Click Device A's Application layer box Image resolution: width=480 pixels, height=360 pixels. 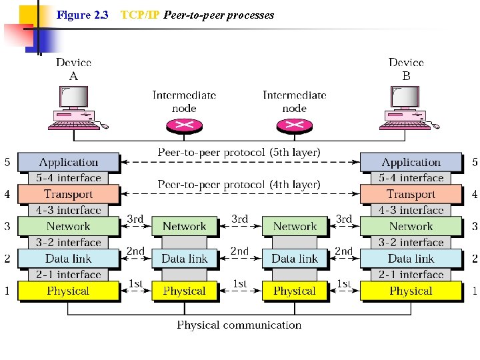tap(68, 162)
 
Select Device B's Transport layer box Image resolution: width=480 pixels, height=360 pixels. tap(411, 194)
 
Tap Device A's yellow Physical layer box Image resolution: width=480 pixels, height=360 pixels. tap(68, 291)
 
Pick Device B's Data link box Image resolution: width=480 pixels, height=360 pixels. tap(411, 259)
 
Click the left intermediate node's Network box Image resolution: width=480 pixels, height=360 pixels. tap(184, 227)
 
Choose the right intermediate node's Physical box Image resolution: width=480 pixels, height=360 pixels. tap(295, 291)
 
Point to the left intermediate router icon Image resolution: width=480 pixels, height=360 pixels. tap(184, 125)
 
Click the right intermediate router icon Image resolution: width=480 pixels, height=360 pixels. tap(294, 125)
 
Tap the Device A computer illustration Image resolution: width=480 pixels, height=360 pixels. tap(73, 109)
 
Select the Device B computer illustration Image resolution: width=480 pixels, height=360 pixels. tap(406, 109)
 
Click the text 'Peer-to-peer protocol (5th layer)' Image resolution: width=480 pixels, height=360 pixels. tap(239, 153)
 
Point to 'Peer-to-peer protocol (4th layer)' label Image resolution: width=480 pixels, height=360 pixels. tap(239, 184)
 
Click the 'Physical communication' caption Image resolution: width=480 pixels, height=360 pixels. tap(239, 325)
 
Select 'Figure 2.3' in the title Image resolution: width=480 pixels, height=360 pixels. tap(83, 15)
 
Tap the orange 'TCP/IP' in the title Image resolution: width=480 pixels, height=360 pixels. tap(139, 15)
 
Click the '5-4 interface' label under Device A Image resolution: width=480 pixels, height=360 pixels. tap(69, 178)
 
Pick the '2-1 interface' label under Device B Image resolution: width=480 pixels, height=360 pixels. tap(411, 275)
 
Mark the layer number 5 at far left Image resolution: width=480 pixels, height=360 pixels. tap(7, 162)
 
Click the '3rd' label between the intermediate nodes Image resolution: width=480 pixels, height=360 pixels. tap(239, 219)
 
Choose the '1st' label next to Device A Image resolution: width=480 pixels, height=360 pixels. tap(136, 283)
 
